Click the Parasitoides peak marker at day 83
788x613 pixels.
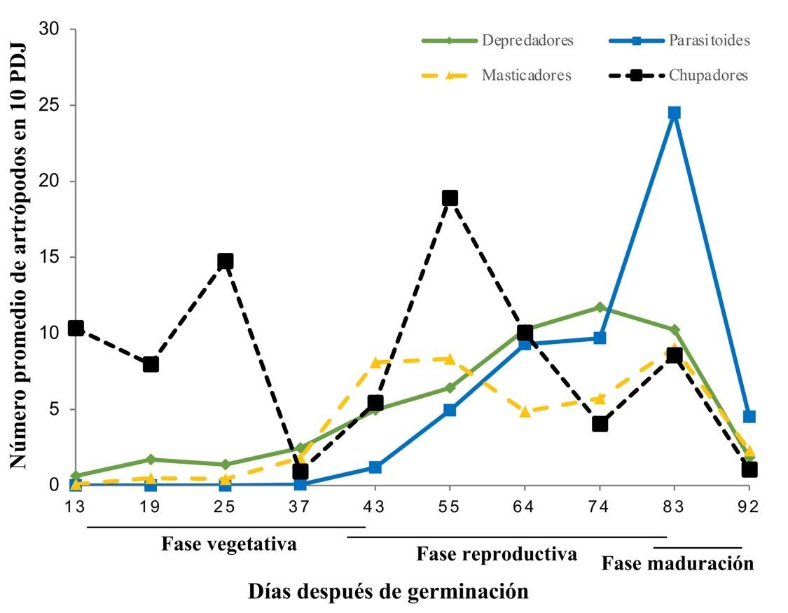coord(674,113)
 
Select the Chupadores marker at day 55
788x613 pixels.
coord(450,198)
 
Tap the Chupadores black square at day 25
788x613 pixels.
coord(225,261)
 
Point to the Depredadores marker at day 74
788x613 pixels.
coord(600,307)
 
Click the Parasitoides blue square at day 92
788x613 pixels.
coord(749,416)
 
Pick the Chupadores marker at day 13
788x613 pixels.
coord(76,328)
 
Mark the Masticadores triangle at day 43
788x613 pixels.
coord(375,362)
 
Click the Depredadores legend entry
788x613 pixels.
coord(527,40)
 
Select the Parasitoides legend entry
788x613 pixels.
coord(708,40)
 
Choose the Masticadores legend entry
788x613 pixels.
coord(525,75)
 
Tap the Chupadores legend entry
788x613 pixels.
coord(707,75)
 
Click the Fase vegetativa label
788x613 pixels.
coord(228,544)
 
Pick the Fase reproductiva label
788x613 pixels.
coord(497,554)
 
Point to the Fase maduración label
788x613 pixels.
coord(677,563)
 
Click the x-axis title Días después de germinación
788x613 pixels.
coord(388,591)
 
